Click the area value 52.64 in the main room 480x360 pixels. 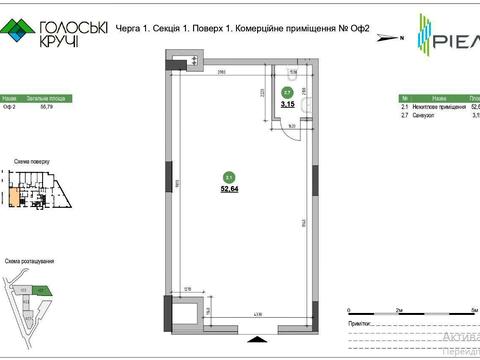[231, 185]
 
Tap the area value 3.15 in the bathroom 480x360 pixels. [286, 102]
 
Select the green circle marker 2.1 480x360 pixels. [230, 174]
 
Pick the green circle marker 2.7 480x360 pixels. [286, 92]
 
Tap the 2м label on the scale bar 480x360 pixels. [399, 312]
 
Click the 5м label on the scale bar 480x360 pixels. [473, 312]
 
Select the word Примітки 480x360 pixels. [363, 325]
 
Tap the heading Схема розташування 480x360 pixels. [29, 259]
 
